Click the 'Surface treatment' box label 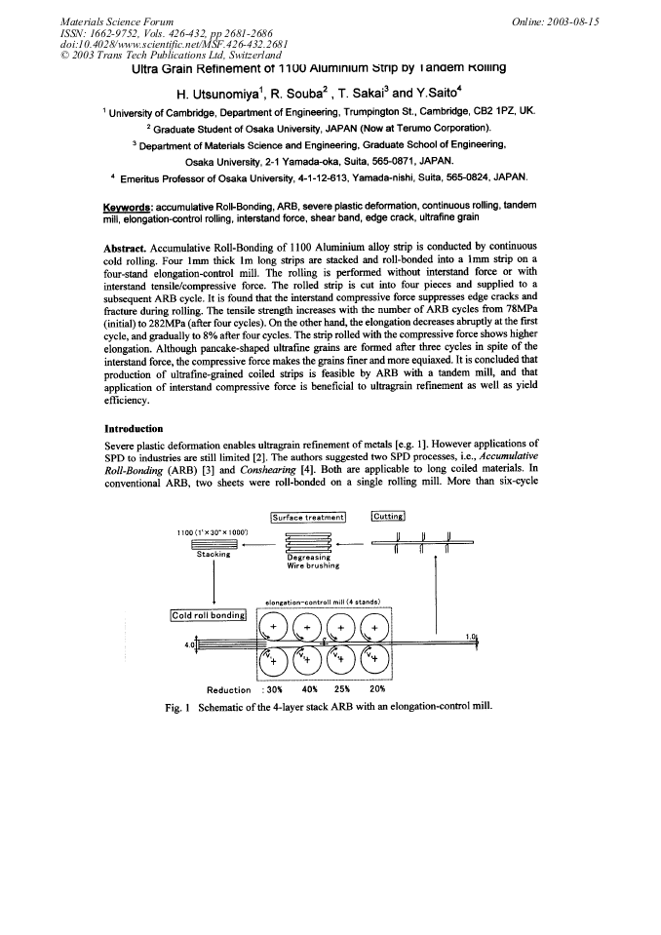click(305, 517)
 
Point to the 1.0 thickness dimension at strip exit click(472, 637)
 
